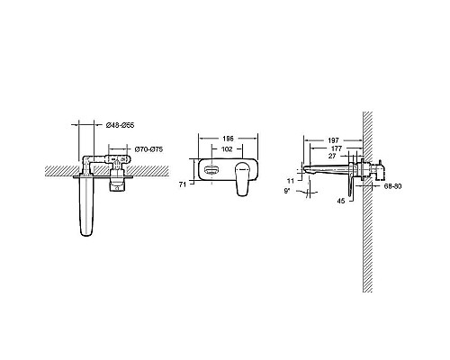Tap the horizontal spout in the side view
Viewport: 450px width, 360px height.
324,169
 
